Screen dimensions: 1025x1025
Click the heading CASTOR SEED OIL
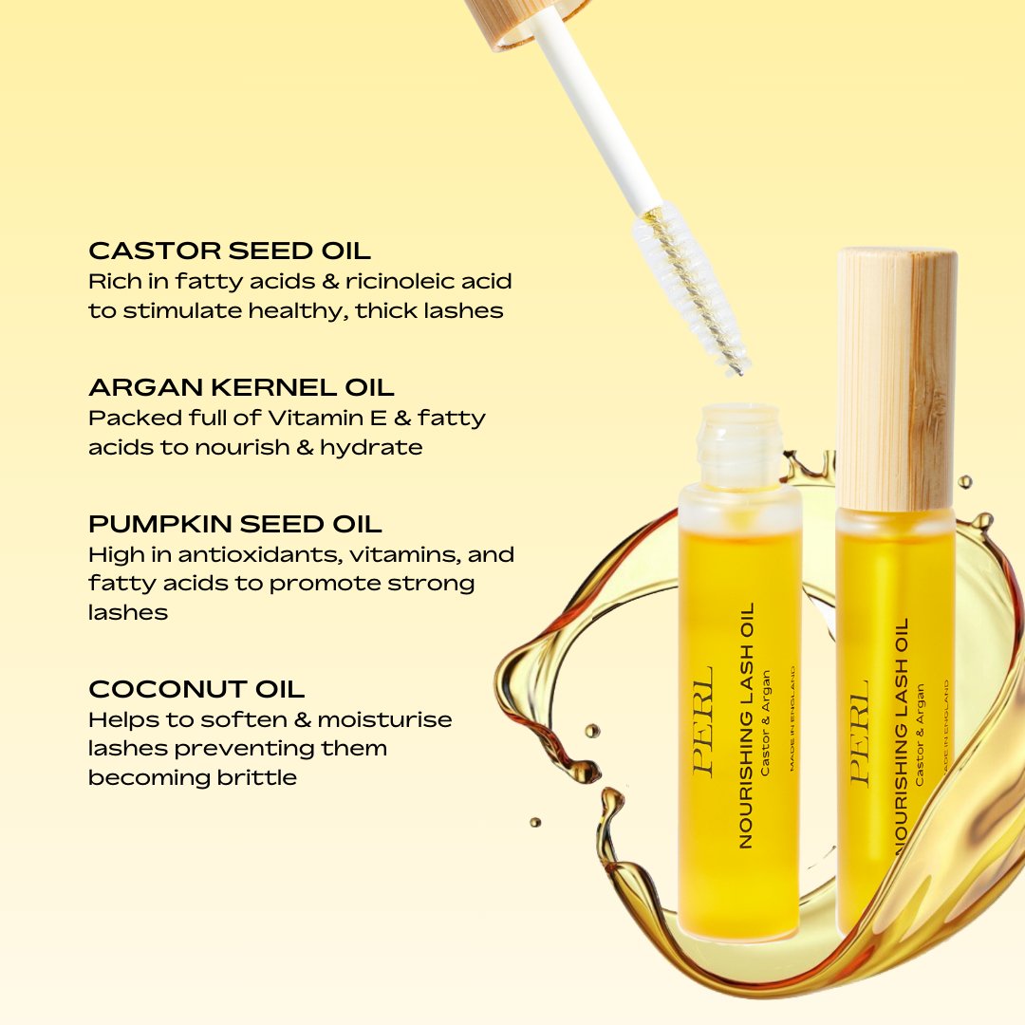230,251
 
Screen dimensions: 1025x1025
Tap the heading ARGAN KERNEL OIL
241,387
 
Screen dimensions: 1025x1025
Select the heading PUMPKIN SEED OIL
234,524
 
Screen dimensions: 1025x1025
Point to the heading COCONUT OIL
196,689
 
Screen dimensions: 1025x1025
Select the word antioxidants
261,554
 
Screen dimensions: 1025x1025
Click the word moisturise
384,719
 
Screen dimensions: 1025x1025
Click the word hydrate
371,448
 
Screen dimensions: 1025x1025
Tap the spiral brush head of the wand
692,289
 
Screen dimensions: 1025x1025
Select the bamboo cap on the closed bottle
896,379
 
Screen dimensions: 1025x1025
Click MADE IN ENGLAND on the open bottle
792,718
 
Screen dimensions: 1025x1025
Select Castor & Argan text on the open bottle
766,723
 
